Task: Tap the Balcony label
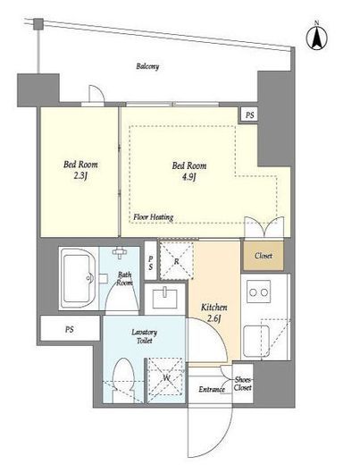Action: click(147, 66)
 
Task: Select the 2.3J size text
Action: click(80, 176)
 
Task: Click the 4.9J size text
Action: click(188, 177)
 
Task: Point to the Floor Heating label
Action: click(154, 217)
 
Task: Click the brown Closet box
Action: click(264, 256)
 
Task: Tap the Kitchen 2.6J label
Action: click(214, 313)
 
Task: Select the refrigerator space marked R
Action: click(176, 261)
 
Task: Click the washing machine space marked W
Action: click(166, 379)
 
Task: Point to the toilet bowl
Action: click(123, 378)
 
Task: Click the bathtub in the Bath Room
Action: click(78, 279)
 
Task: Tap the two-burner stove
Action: click(258, 292)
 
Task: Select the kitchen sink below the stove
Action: click(256, 342)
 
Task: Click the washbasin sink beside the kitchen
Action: click(164, 299)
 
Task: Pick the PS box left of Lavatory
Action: click(70, 328)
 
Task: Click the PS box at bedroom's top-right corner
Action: click(249, 115)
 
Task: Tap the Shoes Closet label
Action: click(243, 384)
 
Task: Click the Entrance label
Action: click(212, 389)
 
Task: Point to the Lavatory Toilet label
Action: click(144, 336)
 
